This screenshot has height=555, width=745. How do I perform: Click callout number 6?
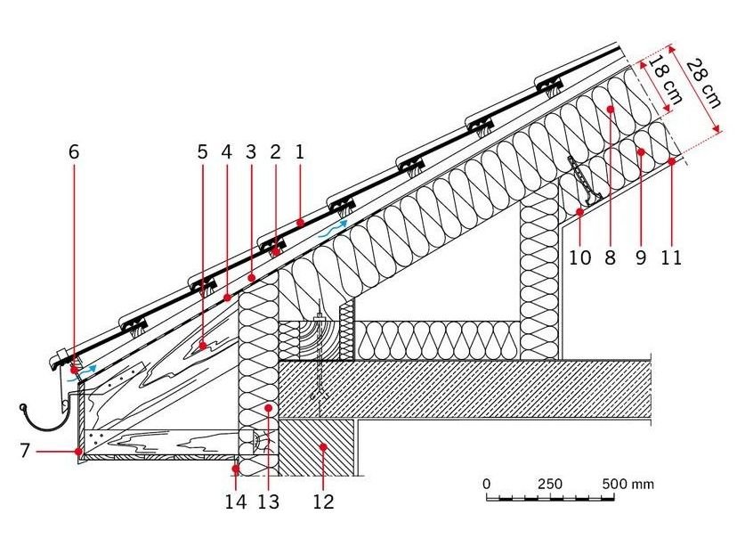[74, 152]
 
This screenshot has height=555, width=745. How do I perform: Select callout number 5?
[203, 152]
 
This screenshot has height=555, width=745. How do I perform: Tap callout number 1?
[299, 152]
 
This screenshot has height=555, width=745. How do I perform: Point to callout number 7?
[25, 451]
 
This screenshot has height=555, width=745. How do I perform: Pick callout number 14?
[236, 502]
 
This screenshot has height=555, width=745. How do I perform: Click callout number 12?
[324, 502]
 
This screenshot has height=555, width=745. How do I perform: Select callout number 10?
[580, 257]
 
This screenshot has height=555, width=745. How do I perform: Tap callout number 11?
[671, 257]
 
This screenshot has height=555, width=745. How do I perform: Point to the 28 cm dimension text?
[704, 83]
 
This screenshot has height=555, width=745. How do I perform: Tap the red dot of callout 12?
[324, 446]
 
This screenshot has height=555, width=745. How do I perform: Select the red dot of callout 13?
[269, 408]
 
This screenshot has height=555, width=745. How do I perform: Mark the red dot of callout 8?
[611, 109]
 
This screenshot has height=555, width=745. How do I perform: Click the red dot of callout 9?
[641, 152]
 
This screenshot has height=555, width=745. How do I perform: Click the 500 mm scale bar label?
[628, 485]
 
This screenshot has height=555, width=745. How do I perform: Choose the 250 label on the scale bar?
[550, 485]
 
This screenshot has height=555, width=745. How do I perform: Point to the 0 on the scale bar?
[486, 485]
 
